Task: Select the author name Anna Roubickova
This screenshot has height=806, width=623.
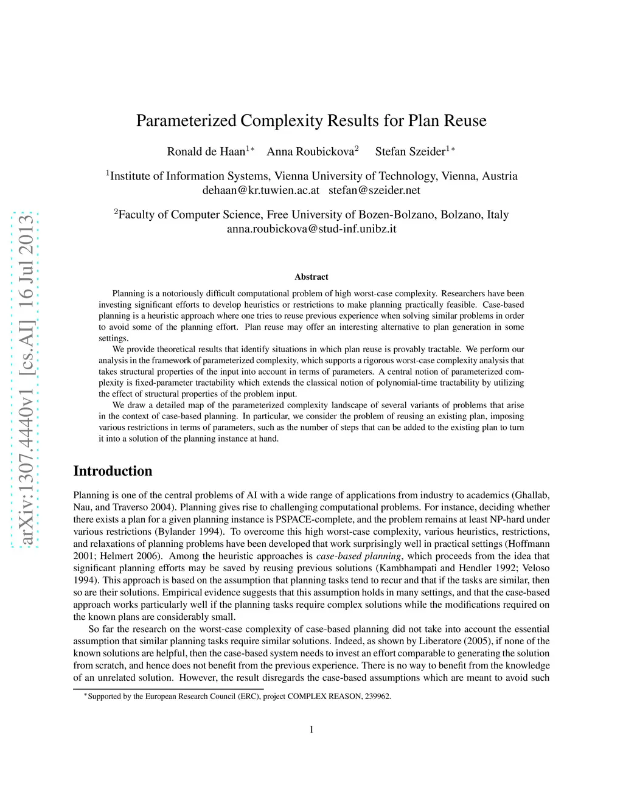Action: pos(310,151)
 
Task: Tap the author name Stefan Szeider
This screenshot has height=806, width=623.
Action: pos(410,151)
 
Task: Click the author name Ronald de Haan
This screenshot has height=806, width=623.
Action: pos(206,151)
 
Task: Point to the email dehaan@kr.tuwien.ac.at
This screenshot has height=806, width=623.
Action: pos(260,190)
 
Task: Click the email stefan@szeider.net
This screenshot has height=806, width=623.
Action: pos(374,190)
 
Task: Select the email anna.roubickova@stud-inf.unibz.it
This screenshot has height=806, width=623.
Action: pos(311,229)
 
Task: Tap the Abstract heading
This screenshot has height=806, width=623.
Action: pos(311,277)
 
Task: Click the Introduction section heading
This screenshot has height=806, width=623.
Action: pos(113,471)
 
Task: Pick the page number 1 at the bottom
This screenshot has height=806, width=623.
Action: pos(311,730)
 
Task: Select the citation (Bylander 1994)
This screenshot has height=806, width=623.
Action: pos(189,532)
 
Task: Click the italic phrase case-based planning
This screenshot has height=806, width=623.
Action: pos(359,556)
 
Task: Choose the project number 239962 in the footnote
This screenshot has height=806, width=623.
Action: pos(378,697)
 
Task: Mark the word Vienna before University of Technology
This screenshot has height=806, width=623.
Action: pos(291,176)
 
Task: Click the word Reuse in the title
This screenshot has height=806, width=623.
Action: pos(465,120)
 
